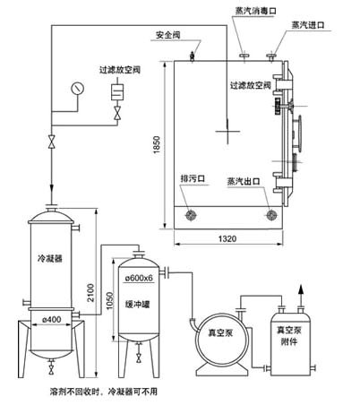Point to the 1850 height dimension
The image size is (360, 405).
click(x=157, y=146)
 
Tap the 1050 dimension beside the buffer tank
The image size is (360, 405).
click(x=110, y=302)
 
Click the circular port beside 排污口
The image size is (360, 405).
click(x=191, y=216)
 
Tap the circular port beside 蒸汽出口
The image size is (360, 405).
click(x=271, y=216)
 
